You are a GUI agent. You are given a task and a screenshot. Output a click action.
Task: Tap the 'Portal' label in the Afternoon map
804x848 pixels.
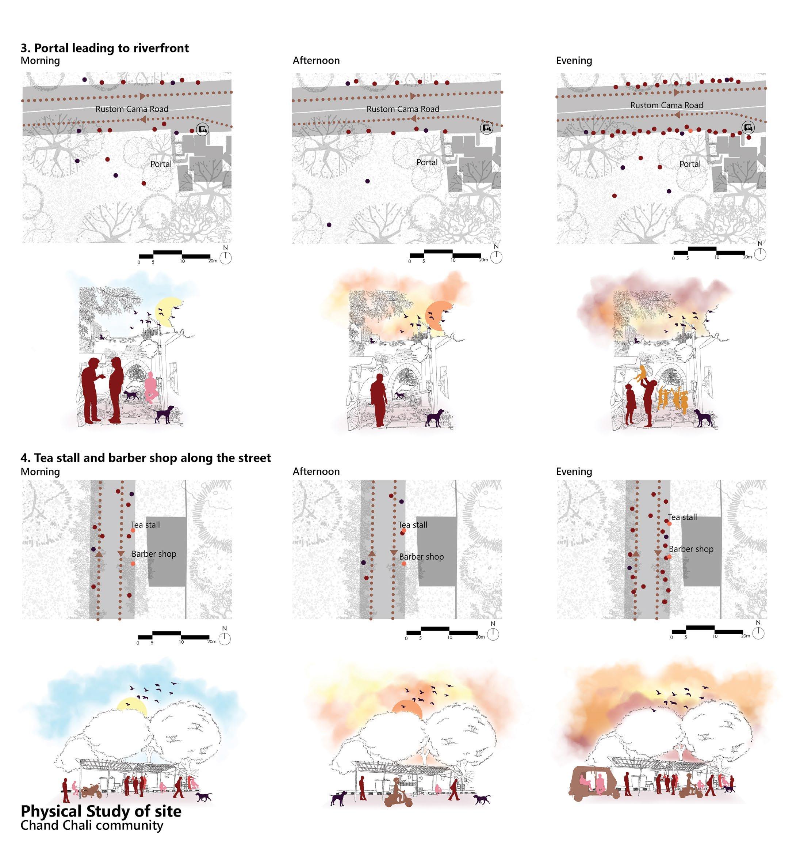coord(427,162)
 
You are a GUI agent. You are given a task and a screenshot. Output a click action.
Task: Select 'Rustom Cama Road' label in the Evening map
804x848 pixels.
coord(666,105)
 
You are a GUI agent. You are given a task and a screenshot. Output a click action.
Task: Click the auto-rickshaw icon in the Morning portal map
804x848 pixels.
coord(202,129)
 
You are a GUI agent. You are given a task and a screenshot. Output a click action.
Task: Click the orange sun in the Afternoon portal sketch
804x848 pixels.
coord(439,316)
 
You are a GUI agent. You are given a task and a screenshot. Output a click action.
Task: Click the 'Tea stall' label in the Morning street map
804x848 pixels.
coord(145,525)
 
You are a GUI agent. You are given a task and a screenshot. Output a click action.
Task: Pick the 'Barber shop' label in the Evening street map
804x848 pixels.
coord(691,549)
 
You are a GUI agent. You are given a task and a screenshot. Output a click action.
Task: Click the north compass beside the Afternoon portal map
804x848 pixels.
coord(496,257)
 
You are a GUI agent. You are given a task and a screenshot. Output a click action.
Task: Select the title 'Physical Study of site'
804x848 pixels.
coord(101,811)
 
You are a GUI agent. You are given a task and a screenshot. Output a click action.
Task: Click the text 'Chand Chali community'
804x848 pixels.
coord(92,826)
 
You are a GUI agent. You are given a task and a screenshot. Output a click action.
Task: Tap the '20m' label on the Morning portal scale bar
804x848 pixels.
coord(213,261)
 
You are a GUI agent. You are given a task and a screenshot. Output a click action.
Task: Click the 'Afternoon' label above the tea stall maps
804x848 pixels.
coord(316,472)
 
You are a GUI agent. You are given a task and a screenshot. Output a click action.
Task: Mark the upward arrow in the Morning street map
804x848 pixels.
coord(99,554)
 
